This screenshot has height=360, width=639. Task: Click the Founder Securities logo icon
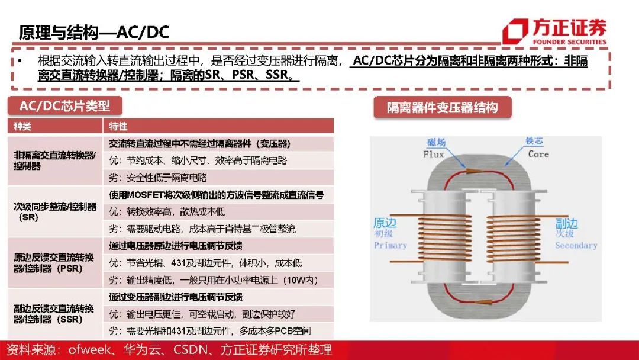coord(515,31)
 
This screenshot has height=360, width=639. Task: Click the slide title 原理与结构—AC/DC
coord(93,33)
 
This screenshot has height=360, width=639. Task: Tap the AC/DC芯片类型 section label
coord(64,106)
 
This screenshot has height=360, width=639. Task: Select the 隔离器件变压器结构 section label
coord(442,108)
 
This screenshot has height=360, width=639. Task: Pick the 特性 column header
coord(118,126)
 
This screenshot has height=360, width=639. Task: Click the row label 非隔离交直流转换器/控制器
coord(54,160)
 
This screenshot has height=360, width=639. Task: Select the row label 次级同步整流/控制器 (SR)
coord(54,211)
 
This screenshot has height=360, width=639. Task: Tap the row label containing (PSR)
coord(54,263)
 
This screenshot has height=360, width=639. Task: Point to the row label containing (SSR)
coord(54,314)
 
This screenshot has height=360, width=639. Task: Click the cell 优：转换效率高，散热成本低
coord(167,211)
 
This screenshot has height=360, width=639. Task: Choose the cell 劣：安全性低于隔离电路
coord(158,178)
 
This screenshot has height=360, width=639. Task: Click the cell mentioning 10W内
coord(213,280)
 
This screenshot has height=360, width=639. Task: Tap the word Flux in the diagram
coord(433,155)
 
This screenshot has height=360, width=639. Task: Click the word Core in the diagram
coord(538,154)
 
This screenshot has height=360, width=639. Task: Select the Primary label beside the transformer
coord(390,246)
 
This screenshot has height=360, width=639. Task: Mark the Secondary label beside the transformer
coord(576,246)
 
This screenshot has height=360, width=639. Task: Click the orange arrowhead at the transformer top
coord(473,171)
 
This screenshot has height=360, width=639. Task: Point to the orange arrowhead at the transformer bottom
coord(484,303)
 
